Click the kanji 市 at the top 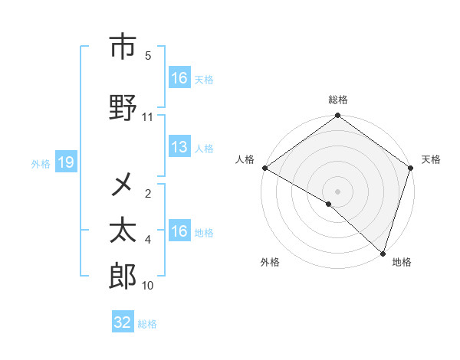[123, 47]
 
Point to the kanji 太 [123, 230]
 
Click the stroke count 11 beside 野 [148, 117]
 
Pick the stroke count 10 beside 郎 [148, 286]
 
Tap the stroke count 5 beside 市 [148, 56]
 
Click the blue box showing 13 [179, 148]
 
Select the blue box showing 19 [65, 162]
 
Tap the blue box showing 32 [123, 322]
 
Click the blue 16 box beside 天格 [179, 78]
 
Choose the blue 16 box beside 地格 [179, 231]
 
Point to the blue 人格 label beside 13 [204, 149]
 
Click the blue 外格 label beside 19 [40, 163]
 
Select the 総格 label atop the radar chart [338, 100]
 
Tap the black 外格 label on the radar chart [270, 262]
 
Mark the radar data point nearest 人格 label [264, 168]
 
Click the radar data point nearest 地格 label [383, 253]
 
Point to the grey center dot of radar [337, 191]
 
